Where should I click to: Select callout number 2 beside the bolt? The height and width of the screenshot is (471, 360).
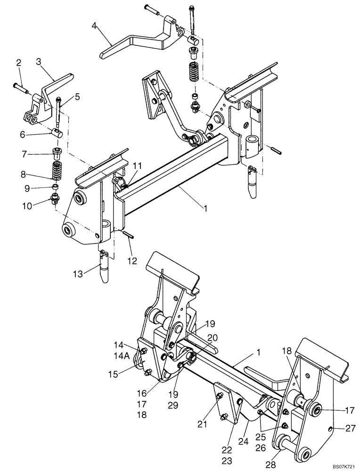coord(19,63)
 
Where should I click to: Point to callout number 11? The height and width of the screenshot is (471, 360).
coord(137,166)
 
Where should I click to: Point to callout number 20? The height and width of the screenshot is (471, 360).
coord(199,338)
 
